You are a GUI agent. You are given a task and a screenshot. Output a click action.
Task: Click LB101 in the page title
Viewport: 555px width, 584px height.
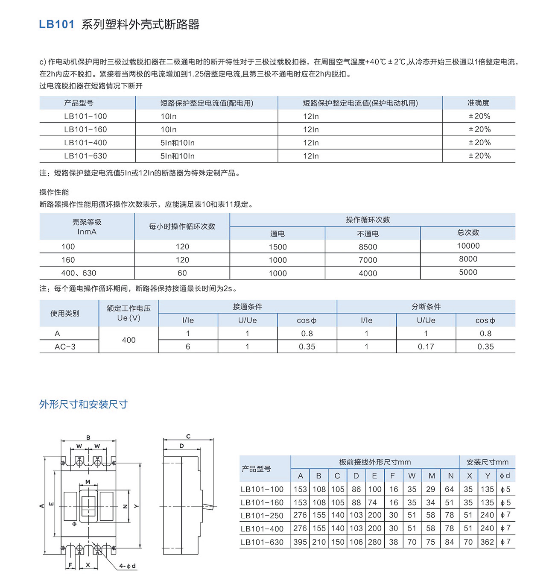tap(56, 24)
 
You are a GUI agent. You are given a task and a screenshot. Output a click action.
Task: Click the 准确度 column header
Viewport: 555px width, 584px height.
tap(478, 103)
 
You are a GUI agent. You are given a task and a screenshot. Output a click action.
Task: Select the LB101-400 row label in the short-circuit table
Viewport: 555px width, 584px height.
tap(85, 143)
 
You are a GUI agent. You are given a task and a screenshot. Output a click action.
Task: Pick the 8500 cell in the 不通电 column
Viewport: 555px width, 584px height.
tap(368, 247)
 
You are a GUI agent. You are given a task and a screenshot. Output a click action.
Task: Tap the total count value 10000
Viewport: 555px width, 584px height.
tap(468, 246)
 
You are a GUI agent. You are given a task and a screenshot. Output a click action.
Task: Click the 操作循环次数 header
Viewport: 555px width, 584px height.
tap(368, 220)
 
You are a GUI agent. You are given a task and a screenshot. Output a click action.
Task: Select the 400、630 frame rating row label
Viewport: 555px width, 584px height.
tap(79, 273)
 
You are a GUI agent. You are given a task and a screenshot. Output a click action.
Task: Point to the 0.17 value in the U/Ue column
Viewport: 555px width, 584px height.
tap(426, 347)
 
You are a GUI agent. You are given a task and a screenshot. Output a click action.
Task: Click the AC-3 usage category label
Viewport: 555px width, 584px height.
tap(65, 347)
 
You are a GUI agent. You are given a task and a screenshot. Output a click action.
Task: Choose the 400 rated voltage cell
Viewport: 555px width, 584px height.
tap(129, 340)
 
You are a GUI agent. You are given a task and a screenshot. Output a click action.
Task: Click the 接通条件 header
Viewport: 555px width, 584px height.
tap(247, 307)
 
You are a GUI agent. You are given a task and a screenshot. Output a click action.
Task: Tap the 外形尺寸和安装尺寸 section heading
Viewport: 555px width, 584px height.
tap(83, 404)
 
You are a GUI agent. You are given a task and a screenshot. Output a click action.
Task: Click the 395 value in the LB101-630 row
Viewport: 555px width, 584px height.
tap(300, 542)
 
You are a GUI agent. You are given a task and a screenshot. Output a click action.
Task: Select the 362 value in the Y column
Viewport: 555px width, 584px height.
tap(487, 542)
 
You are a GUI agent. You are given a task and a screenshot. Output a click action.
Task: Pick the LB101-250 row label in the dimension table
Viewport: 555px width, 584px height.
tap(262, 516)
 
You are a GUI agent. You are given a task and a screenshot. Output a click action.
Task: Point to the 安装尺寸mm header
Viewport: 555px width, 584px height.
tap(487, 462)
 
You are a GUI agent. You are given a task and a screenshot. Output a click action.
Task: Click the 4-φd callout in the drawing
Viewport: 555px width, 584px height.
tap(127, 566)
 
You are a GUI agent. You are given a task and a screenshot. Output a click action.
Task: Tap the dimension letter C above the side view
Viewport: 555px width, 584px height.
tap(188, 437)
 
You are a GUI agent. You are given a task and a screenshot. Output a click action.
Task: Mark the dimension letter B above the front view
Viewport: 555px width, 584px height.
tap(88, 437)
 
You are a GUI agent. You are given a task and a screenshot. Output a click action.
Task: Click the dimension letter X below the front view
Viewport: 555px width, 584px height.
tap(88, 565)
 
